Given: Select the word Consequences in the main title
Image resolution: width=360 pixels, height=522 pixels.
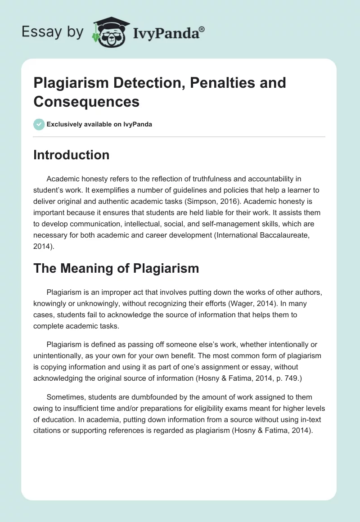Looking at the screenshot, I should (x=86, y=102).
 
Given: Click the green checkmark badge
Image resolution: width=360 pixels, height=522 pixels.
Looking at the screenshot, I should (x=39, y=124).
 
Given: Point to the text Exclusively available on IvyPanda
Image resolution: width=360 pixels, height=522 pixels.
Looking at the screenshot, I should (x=99, y=124).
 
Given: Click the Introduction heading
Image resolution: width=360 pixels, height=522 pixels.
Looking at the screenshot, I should (x=71, y=155).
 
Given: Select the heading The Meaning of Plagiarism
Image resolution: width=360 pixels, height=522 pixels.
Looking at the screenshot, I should (x=116, y=269).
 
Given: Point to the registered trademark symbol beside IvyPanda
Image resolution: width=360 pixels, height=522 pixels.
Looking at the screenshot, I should (x=202, y=28).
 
